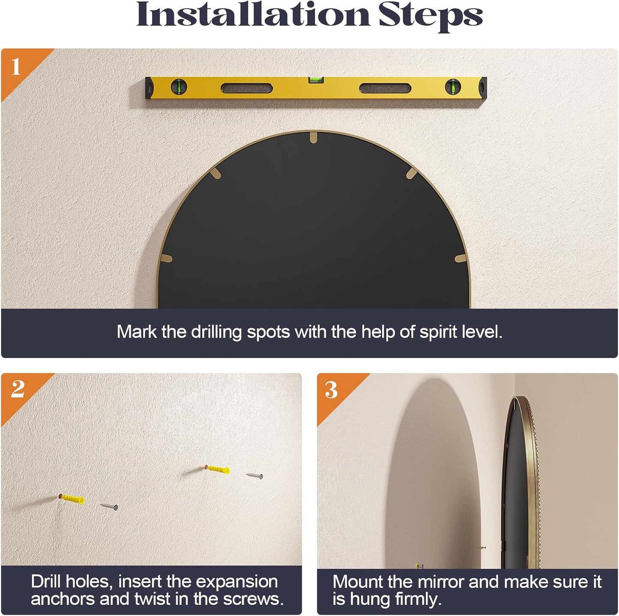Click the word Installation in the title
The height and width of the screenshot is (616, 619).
253,14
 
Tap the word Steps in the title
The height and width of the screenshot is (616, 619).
431,17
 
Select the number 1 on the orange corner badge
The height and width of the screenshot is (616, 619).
16,66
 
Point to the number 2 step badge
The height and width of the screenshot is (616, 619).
18,389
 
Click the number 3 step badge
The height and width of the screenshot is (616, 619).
331,390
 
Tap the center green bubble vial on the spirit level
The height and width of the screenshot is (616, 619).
316,80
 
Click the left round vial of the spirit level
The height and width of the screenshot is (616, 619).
179,87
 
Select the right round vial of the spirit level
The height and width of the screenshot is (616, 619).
453,87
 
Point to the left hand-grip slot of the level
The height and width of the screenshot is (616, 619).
247,88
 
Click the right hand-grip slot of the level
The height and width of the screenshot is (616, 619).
385,88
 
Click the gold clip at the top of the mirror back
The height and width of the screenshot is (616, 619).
314,137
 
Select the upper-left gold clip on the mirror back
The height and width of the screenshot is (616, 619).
215,174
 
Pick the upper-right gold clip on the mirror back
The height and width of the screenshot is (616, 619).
412,174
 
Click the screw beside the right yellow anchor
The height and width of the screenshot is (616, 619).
254,475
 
